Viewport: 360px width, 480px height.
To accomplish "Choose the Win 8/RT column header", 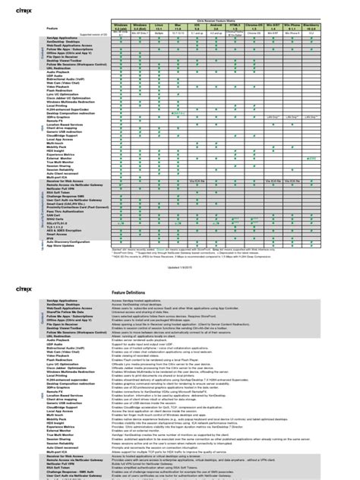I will [x=283, y=26].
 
